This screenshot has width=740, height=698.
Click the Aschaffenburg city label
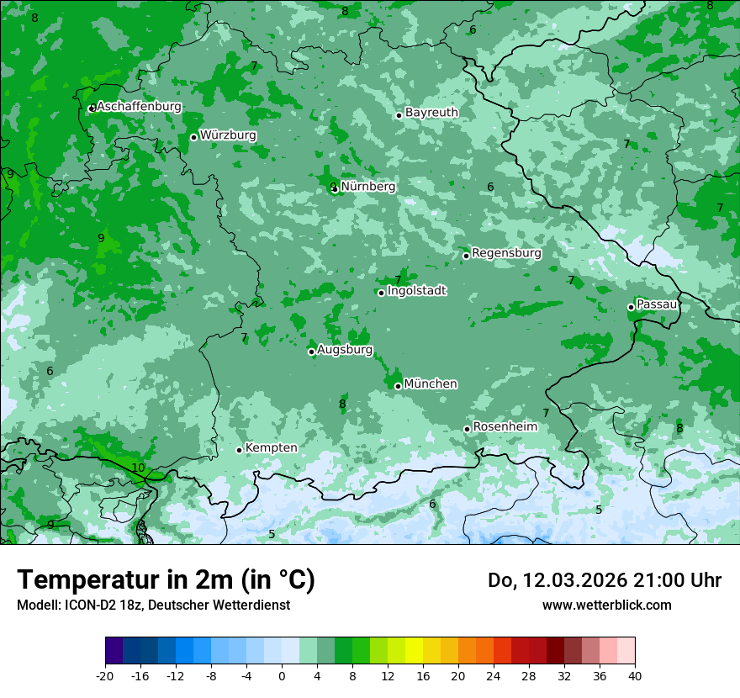click(x=139, y=107)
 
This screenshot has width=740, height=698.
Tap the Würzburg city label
click(x=228, y=135)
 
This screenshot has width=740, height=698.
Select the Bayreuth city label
click(x=431, y=113)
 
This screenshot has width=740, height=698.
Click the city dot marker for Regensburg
click(x=466, y=256)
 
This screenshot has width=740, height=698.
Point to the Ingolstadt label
click(x=416, y=291)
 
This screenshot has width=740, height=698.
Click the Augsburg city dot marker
click(x=311, y=352)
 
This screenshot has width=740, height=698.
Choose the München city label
click(x=431, y=384)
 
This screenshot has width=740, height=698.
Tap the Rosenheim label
click(x=505, y=427)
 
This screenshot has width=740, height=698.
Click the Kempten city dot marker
click(x=239, y=450)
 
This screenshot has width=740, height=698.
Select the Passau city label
click(x=657, y=304)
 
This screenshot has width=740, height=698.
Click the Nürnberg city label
click(x=367, y=187)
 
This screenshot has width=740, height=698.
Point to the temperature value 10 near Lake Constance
click(x=138, y=468)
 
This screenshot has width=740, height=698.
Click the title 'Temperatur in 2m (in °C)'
click(x=166, y=580)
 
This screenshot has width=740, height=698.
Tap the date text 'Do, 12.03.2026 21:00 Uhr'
click(x=605, y=580)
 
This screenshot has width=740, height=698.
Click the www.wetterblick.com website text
click(x=606, y=605)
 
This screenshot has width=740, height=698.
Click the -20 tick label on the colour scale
click(x=105, y=675)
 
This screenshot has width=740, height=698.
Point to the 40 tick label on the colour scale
click(x=635, y=675)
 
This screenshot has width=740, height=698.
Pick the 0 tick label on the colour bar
click(x=282, y=675)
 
